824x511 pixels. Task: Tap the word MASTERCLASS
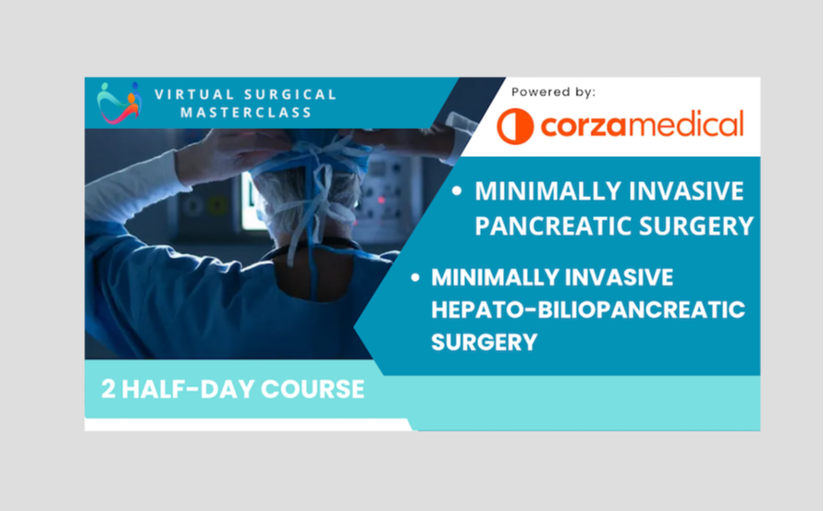pyautogui.click(x=233, y=113)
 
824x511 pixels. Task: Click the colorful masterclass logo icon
pyautogui.click(x=118, y=103)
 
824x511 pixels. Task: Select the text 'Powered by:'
pyautogui.click(x=553, y=91)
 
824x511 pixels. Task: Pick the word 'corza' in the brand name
pyautogui.click(x=581, y=126)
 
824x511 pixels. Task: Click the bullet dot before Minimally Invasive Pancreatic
pyautogui.click(x=458, y=192)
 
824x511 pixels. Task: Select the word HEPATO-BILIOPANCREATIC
pyautogui.click(x=587, y=309)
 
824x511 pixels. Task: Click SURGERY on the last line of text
pyautogui.click(x=484, y=341)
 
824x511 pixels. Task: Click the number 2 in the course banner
pyautogui.click(x=109, y=389)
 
